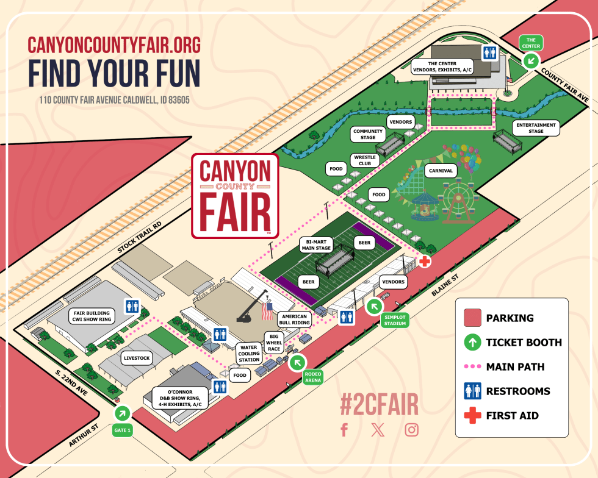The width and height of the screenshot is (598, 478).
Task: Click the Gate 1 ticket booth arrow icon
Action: tap(123, 413)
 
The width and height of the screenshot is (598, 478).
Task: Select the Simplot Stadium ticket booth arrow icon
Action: tap(375, 306)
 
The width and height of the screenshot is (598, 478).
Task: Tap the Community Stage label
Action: tap(368, 135)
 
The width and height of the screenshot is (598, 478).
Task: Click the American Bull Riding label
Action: tap(295, 319)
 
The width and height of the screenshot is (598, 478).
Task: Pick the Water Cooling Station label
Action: tap(250, 353)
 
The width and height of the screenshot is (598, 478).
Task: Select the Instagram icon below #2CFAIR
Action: tap(412, 430)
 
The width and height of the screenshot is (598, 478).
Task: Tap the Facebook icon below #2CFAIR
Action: tap(344, 430)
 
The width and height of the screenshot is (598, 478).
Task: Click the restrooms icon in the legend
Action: tap(472, 391)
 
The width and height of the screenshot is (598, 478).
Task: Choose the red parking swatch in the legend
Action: tap(472, 318)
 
